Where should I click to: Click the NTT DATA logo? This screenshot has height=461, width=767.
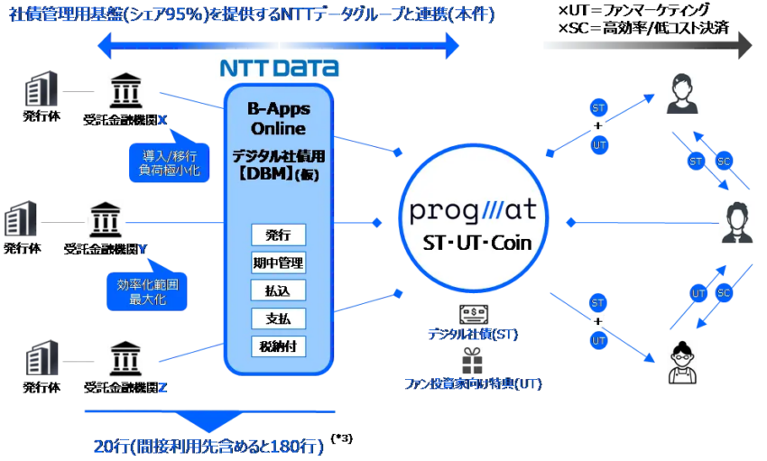(280, 68)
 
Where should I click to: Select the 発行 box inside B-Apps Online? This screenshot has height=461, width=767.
(278, 235)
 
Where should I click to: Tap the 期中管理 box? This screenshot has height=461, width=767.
(278, 263)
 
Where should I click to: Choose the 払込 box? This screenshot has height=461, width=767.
(278, 290)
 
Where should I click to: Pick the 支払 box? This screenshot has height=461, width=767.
(278, 318)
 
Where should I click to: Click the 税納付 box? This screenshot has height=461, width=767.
(278, 346)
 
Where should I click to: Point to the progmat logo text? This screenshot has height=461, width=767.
(473, 210)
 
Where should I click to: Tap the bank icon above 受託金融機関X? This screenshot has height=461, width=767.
(125, 90)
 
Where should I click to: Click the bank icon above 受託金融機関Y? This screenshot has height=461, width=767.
(106, 219)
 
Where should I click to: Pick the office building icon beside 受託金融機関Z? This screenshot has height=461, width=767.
(42, 358)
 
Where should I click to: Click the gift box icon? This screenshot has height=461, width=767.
(472, 361)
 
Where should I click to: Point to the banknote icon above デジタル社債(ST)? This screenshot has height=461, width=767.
(474, 314)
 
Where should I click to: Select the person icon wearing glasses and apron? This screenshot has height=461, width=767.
(682, 363)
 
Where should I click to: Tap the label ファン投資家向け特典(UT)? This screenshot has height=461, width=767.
(473, 383)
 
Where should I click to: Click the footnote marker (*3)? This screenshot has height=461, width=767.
(341, 438)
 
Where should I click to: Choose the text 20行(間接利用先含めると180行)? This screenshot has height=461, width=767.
(208, 446)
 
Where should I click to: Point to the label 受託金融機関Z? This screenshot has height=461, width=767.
(125, 388)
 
